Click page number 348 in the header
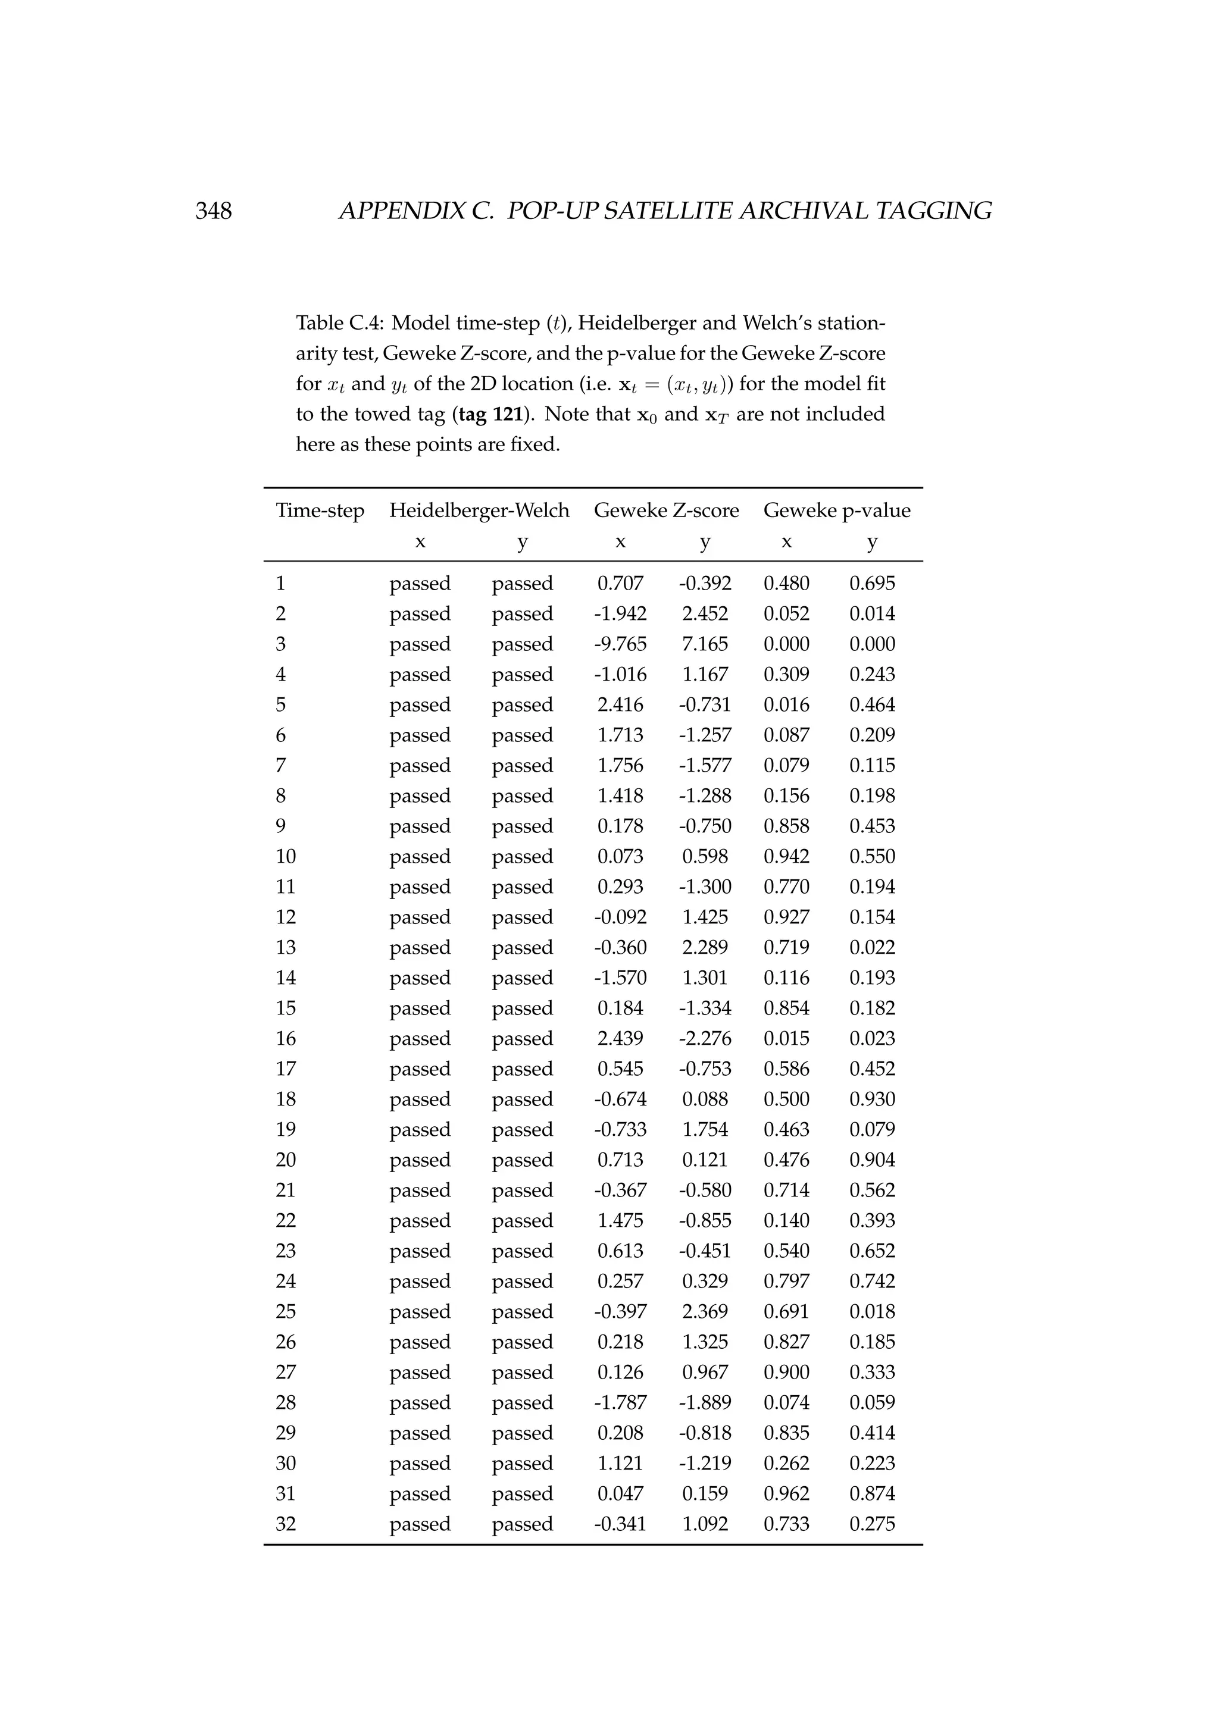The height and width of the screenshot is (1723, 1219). pos(214,211)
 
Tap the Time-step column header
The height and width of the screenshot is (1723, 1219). pos(320,511)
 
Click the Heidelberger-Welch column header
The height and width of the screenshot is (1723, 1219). pos(479,511)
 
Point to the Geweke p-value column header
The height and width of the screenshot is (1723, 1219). pos(836,511)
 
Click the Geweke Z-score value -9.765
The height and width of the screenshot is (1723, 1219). pos(620,644)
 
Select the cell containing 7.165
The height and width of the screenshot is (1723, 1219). pos(705,644)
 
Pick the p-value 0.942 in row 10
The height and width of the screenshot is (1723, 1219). pos(786,857)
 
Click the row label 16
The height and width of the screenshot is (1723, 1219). pos(286,1039)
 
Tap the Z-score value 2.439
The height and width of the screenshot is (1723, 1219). pos(620,1039)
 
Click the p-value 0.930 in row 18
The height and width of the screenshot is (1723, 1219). pos(872,1099)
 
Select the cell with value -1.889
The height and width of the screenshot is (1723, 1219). pos(705,1402)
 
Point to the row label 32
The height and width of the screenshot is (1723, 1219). pos(286,1524)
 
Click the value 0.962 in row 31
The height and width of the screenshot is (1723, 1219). pos(786,1493)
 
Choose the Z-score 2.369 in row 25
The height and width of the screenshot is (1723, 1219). pos(705,1312)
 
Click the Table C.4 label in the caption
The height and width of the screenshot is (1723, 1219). pos(339,324)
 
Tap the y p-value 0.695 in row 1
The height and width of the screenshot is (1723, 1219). pos(872,584)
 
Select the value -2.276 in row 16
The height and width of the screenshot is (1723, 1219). pos(705,1039)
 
